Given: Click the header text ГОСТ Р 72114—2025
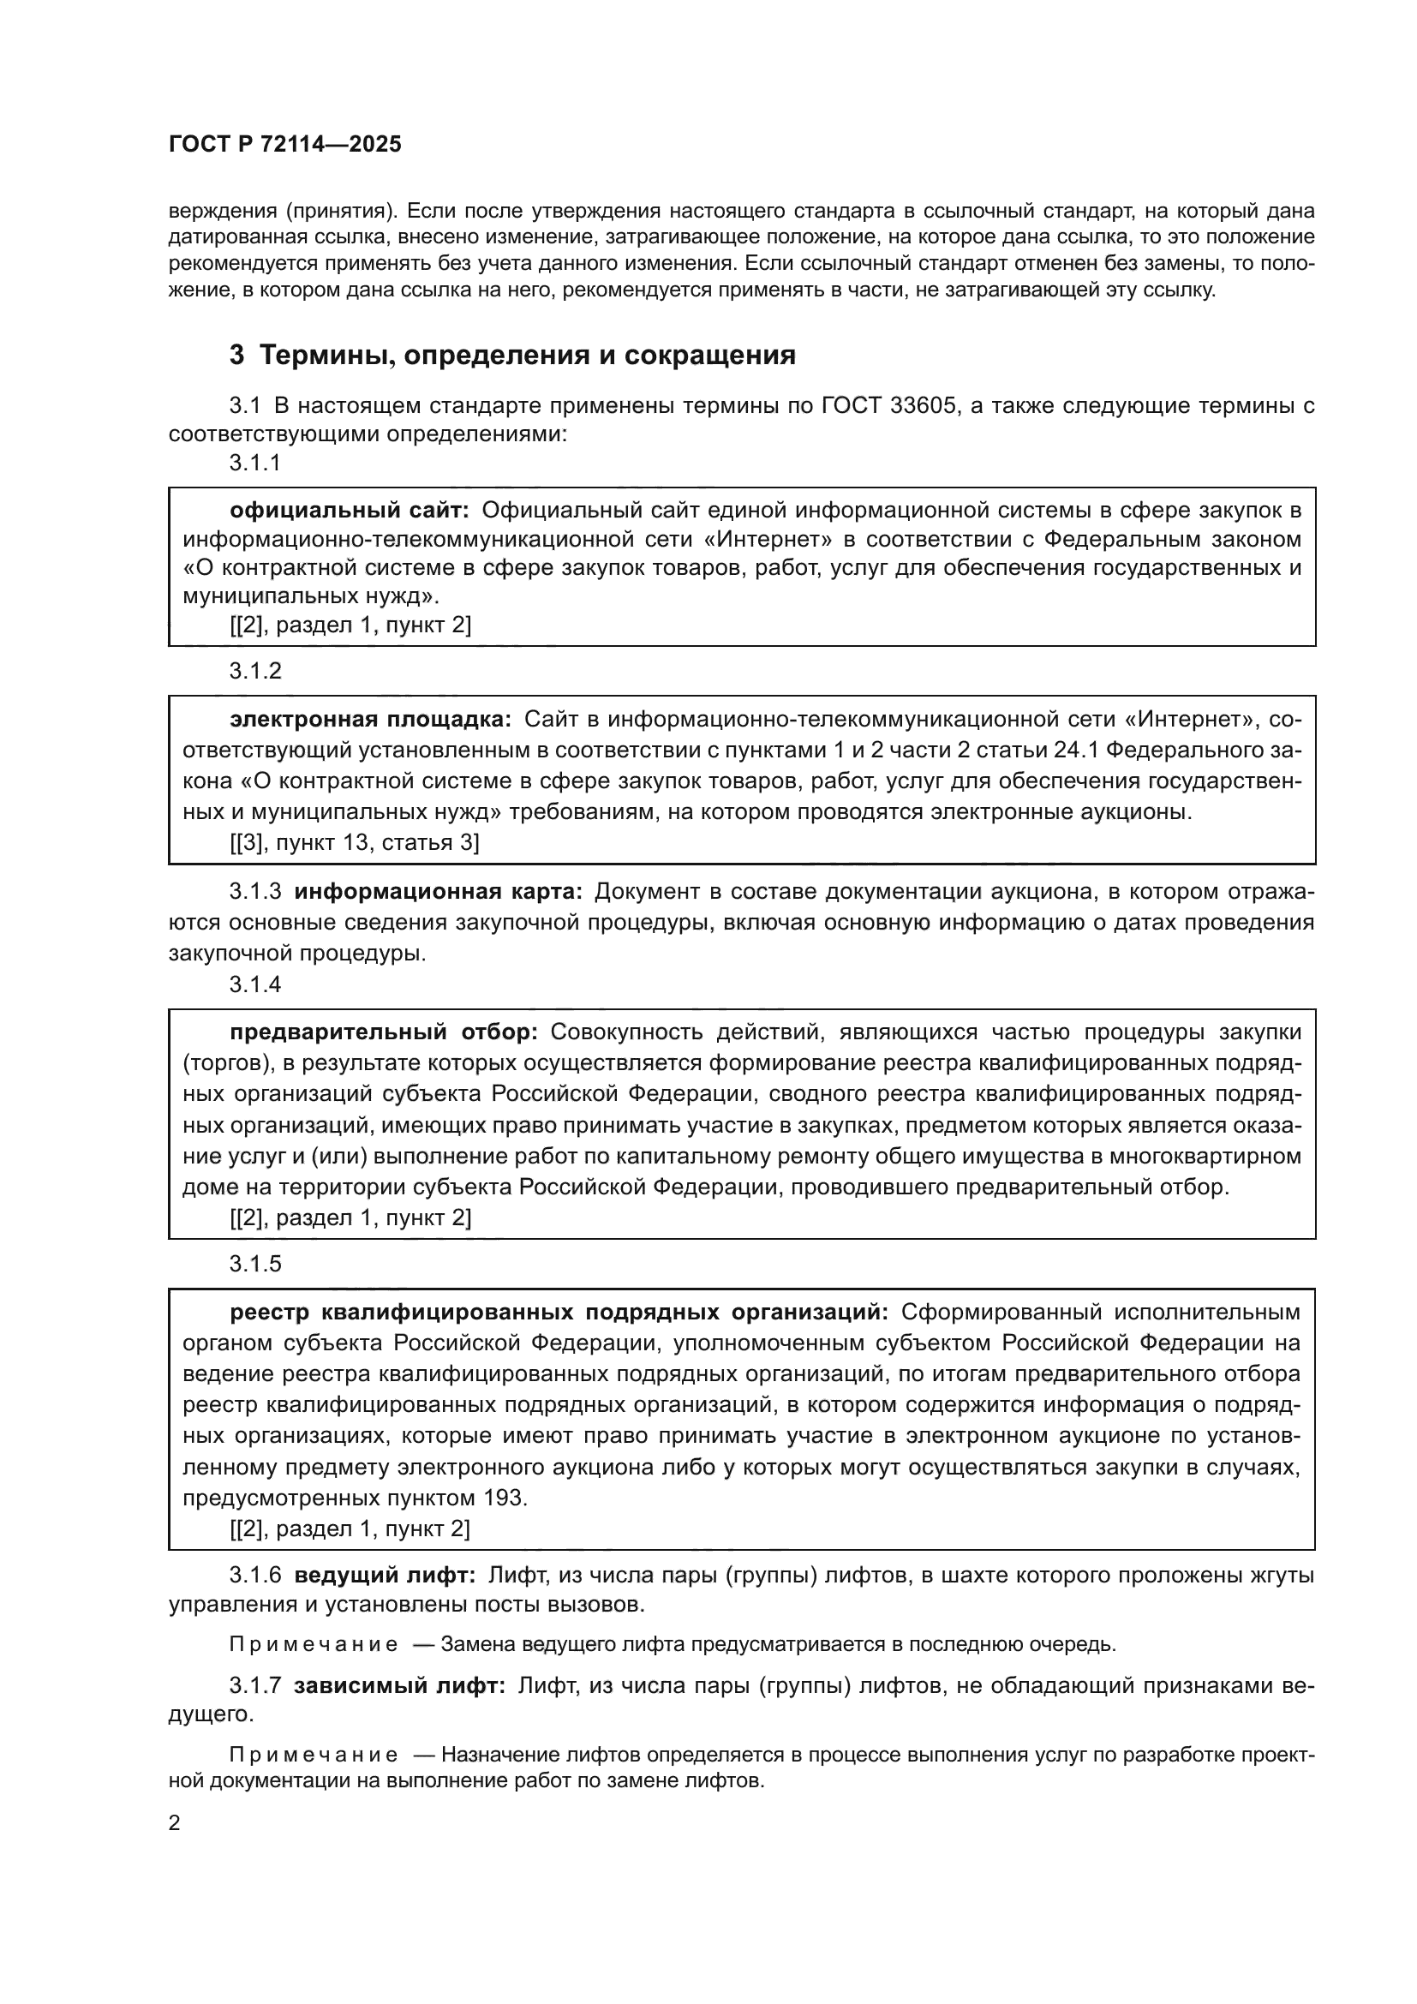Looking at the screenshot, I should tap(285, 145).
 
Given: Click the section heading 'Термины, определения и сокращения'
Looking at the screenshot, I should tap(528, 356).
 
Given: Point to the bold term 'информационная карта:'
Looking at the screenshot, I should tap(438, 891).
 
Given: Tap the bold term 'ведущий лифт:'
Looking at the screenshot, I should tap(385, 1576).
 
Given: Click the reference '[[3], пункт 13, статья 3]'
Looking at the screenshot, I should tap(355, 842).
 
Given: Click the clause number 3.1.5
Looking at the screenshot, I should tap(255, 1264).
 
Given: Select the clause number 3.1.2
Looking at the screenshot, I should tap(255, 671).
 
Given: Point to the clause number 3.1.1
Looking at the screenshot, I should tap(255, 463).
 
